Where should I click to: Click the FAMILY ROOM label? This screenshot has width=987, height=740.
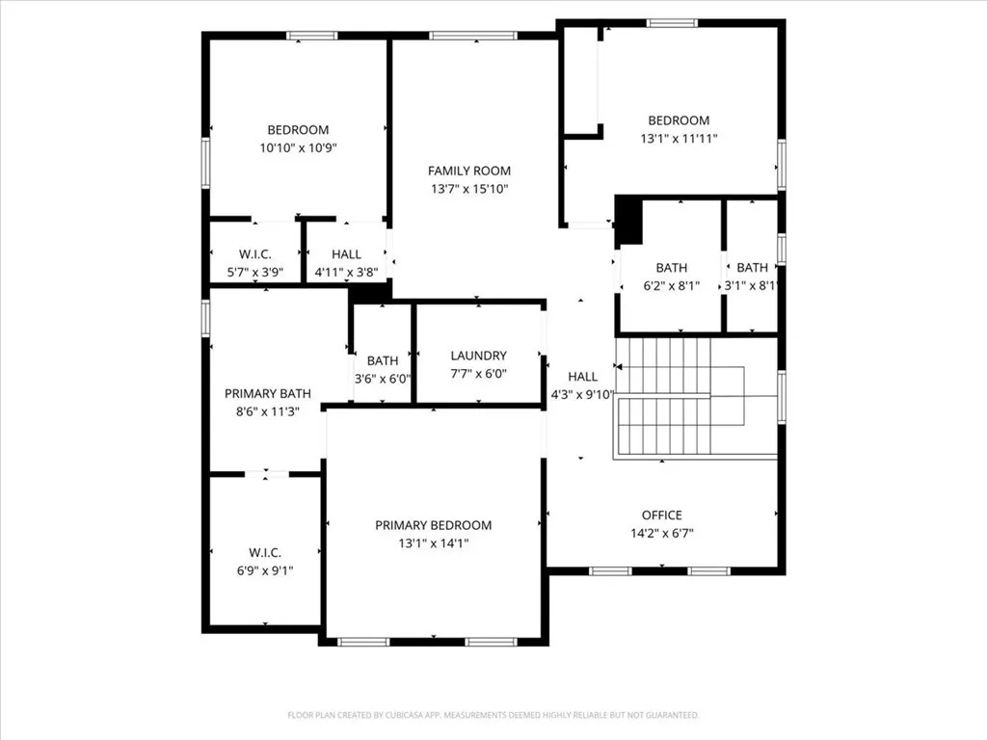tap(468, 171)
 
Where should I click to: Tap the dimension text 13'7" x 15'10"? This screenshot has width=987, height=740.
tap(468, 189)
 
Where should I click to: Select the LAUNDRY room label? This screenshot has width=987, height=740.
tap(478, 356)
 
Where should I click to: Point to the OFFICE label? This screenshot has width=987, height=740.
tap(661, 515)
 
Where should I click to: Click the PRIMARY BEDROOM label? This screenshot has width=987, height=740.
tap(433, 525)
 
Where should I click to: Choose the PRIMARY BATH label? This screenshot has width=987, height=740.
tap(267, 393)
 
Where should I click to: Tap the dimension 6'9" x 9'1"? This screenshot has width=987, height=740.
tap(264, 570)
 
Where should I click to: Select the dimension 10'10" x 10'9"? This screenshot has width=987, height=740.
tap(297, 148)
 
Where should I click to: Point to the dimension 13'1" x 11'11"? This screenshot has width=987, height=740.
tap(679, 139)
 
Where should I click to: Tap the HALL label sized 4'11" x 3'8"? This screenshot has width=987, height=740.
tap(346, 253)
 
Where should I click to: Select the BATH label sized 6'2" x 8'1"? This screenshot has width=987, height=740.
tap(671, 267)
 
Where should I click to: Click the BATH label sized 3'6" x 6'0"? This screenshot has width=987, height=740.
tap(382, 360)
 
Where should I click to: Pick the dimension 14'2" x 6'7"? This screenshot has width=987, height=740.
tap(661, 533)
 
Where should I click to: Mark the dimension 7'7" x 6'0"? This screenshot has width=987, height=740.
tap(478, 374)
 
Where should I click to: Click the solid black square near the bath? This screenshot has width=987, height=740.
tap(628, 220)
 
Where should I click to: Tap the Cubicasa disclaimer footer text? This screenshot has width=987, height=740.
tap(493, 715)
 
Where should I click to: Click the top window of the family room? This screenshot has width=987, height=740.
tap(472, 36)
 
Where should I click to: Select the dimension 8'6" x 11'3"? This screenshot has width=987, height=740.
tap(267, 411)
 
